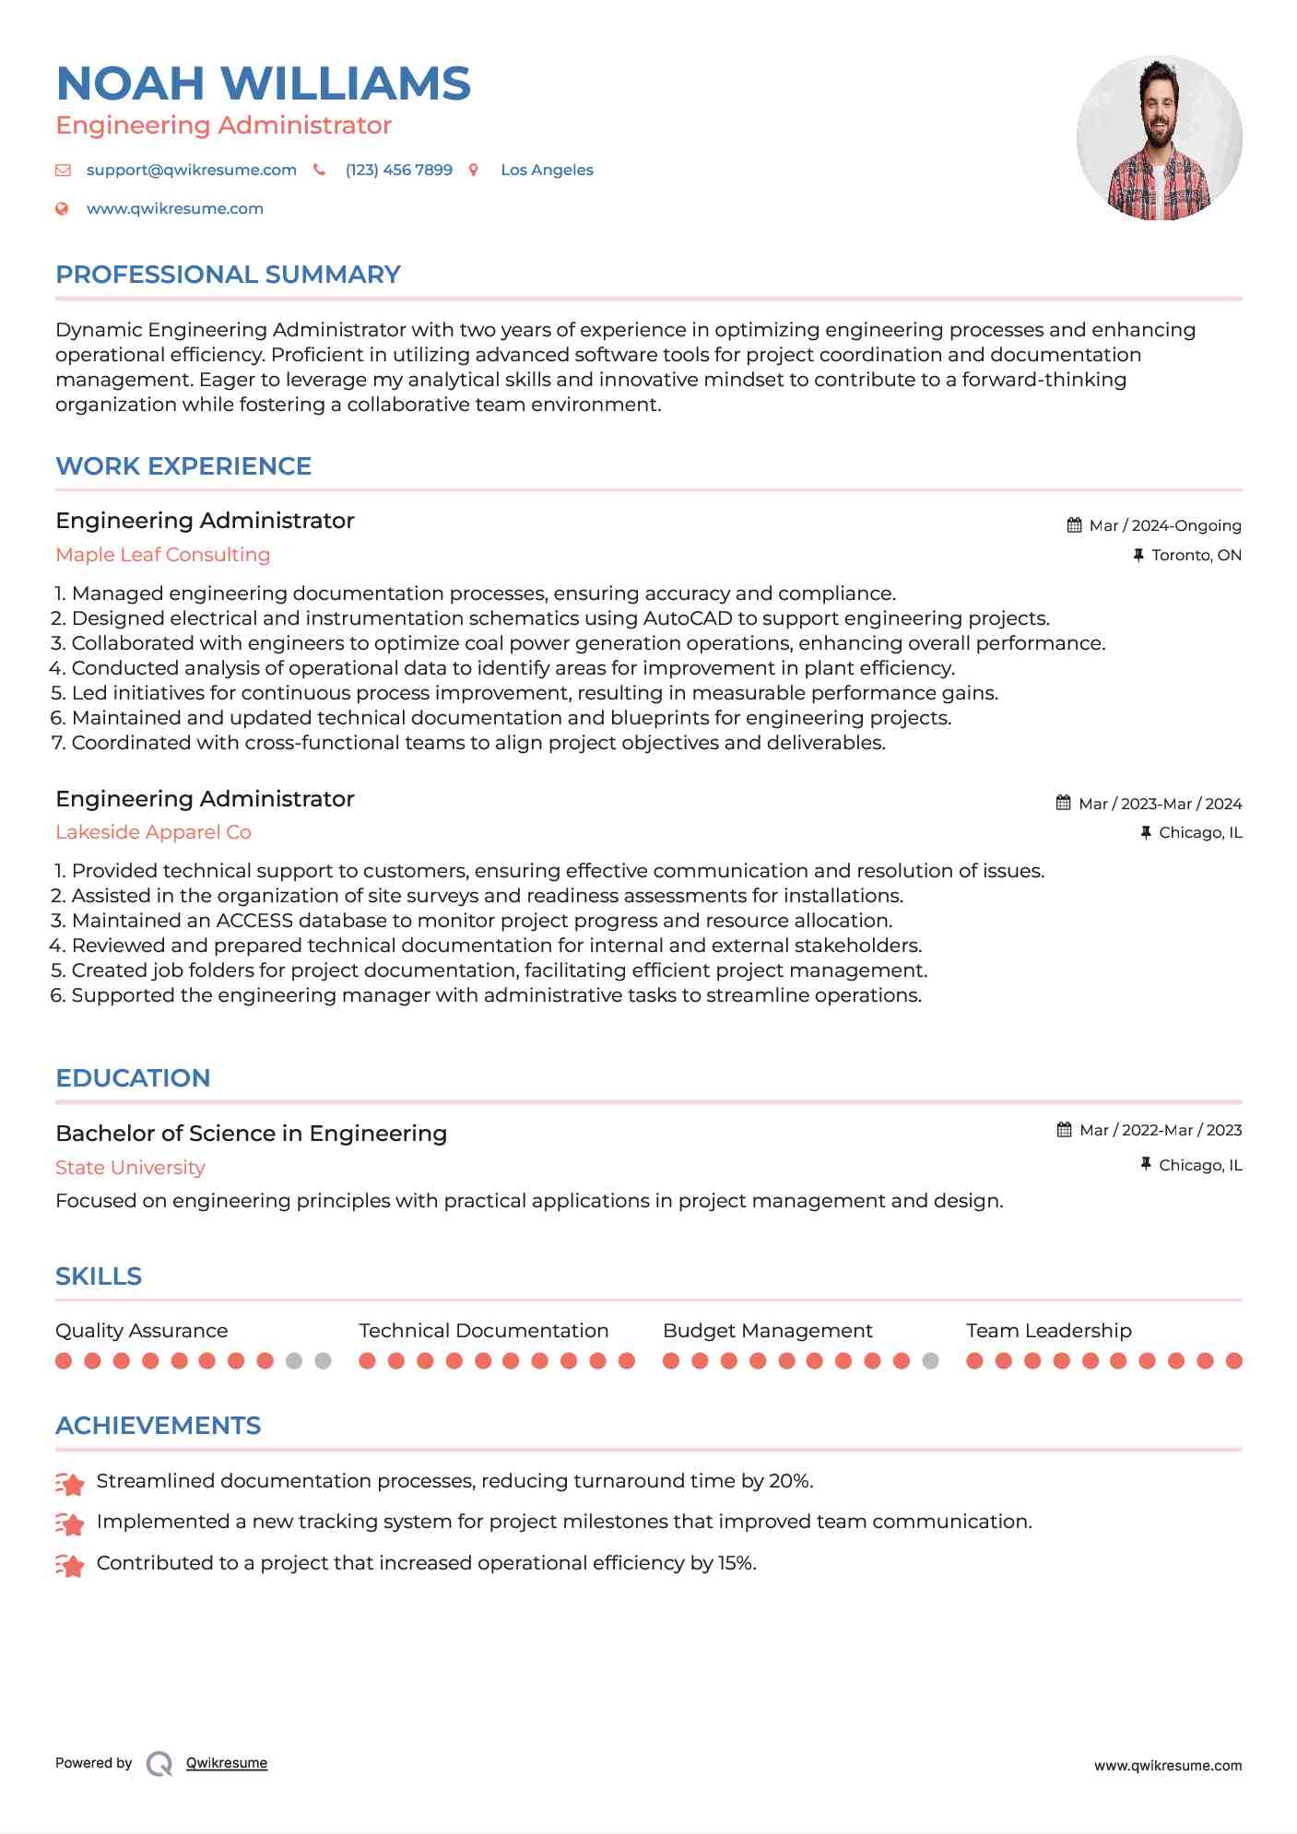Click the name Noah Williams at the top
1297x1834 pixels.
263,84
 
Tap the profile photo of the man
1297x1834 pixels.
1159,138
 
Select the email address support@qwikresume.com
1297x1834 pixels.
191,170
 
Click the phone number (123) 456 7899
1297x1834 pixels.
398,170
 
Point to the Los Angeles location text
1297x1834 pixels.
547,170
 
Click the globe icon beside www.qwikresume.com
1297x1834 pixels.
63,209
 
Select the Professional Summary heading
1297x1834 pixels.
228,275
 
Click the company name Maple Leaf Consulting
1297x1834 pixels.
162,555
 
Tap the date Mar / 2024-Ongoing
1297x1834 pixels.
1164,526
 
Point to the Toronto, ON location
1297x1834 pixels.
1196,556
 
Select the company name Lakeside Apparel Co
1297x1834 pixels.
153,832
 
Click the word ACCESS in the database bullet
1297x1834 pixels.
254,921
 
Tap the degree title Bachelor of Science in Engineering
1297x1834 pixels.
251,1134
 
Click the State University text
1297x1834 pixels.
130,1168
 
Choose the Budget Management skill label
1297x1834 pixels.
767,1331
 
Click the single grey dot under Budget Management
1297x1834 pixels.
931,1361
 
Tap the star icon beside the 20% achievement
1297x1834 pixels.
70,1483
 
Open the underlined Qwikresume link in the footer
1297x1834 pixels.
227,1763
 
